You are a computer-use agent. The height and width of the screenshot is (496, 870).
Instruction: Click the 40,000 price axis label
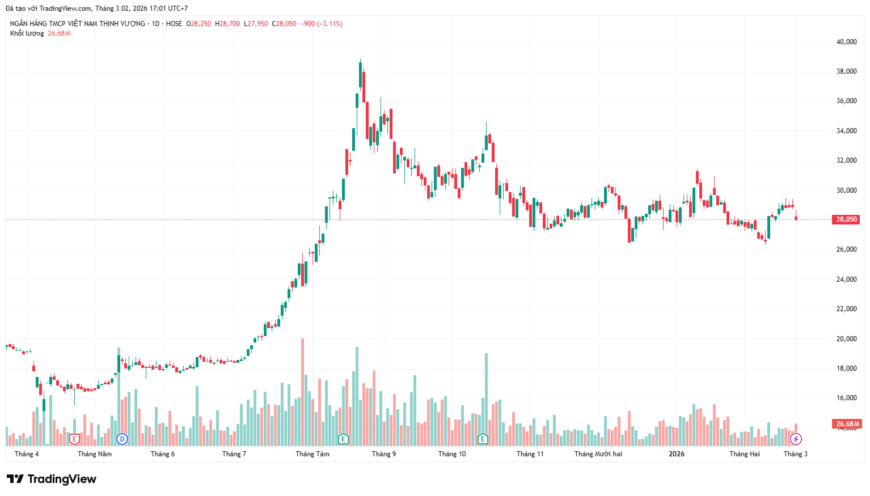click(846, 42)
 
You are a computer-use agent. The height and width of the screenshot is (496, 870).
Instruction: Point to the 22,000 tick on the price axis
click(846, 309)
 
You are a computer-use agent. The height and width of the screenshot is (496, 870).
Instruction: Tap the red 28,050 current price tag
click(846, 219)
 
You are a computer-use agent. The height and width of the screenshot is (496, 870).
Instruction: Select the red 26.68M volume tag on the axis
click(847, 424)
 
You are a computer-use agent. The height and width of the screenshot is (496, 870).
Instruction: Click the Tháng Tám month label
click(312, 454)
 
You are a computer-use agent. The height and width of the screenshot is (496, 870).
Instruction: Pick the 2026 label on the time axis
click(676, 454)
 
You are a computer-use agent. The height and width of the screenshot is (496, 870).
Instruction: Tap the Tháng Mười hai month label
click(598, 454)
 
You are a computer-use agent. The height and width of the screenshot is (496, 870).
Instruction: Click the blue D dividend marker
click(122, 439)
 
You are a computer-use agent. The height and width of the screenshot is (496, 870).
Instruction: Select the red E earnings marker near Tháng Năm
click(74, 439)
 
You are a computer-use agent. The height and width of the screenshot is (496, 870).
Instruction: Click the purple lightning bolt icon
click(796, 439)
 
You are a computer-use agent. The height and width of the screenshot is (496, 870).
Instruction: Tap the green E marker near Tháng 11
click(483, 439)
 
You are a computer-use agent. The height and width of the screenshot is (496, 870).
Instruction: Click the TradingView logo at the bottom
click(52, 479)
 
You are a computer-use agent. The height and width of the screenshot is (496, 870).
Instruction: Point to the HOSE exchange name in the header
click(174, 24)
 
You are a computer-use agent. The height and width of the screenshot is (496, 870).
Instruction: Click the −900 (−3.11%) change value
click(321, 24)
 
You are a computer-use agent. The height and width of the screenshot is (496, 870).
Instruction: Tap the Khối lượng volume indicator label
click(27, 33)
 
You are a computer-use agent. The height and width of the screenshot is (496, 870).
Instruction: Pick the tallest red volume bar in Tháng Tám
click(302, 391)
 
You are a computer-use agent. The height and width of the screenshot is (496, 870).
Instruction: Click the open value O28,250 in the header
click(199, 24)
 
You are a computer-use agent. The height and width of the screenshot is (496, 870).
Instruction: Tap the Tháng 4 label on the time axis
click(27, 454)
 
